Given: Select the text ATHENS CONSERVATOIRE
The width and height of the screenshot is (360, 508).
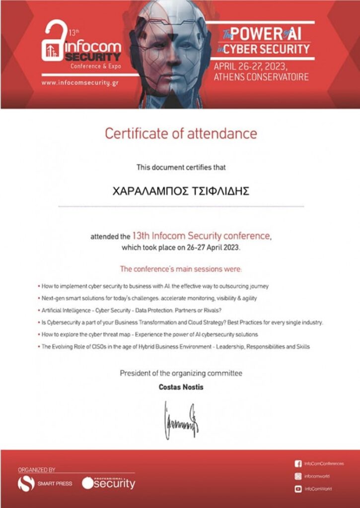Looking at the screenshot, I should [261, 77].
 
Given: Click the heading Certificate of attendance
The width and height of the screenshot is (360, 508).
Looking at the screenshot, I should [181, 133].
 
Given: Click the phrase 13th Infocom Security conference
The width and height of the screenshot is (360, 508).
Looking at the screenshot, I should [202, 235].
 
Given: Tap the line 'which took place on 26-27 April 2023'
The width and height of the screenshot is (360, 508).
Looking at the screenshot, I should [181, 247].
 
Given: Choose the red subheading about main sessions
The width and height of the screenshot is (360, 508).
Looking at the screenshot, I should [181, 269].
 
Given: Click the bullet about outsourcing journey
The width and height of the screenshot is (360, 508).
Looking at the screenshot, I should [155, 287].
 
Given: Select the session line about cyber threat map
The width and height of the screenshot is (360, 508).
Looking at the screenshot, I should [149, 334].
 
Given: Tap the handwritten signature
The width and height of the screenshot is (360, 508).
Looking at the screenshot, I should [181, 420].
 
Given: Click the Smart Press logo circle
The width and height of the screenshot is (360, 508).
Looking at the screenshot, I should [26, 483].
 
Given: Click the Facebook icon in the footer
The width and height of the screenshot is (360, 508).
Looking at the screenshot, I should [298, 464].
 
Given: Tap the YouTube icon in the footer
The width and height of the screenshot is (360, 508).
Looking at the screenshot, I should [298, 489].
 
